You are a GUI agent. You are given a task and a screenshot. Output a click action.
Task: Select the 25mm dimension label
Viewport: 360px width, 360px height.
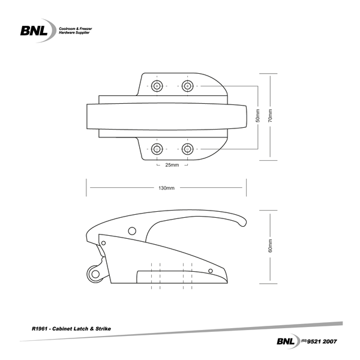tap(172, 165)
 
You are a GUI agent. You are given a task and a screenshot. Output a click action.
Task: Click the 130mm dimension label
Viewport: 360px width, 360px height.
tap(166, 188)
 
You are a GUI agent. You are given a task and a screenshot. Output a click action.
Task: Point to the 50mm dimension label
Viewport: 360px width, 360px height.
tap(258, 117)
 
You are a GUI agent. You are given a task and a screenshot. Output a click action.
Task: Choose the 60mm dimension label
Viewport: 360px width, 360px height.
tap(271, 246)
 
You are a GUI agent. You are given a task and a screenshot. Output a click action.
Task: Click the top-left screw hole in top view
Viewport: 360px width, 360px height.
tap(157, 86)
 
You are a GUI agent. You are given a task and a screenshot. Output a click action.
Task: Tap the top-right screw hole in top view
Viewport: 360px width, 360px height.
tap(187, 86)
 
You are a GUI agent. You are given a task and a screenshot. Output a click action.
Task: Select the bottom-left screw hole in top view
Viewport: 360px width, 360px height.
tap(157, 148)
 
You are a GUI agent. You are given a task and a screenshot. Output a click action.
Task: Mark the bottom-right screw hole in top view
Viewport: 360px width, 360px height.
tap(187, 148)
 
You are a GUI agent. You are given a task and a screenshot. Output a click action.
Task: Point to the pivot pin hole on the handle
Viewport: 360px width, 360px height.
tap(131, 230)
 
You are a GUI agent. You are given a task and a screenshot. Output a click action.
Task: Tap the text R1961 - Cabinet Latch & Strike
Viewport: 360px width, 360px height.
tap(71, 329)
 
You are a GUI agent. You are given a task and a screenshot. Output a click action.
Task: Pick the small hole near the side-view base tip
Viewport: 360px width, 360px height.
tap(210, 272)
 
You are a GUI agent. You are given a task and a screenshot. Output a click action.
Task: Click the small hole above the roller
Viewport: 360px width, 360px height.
tap(104, 242)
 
